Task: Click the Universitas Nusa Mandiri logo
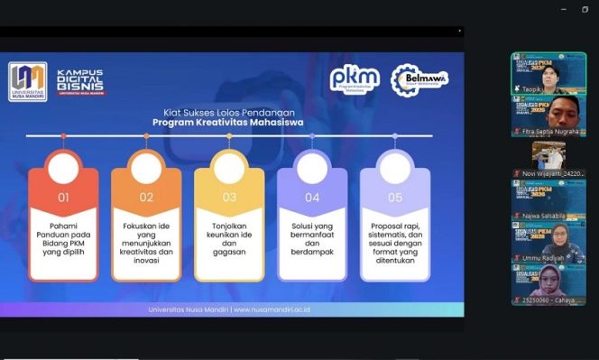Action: [x=27, y=81]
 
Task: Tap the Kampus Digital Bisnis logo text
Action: [x=79, y=82]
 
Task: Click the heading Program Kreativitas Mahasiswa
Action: [x=227, y=122]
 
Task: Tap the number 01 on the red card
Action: [x=63, y=197]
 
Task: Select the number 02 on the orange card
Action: [x=146, y=197]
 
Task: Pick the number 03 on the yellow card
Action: [x=229, y=197]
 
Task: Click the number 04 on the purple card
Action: [x=312, y=197]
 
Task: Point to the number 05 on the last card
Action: [x=395, y=197]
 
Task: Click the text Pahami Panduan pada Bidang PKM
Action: [x=63, y=233]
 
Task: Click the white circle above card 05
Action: [x=395, y=169]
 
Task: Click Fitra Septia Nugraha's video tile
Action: [x=548, y=114]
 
